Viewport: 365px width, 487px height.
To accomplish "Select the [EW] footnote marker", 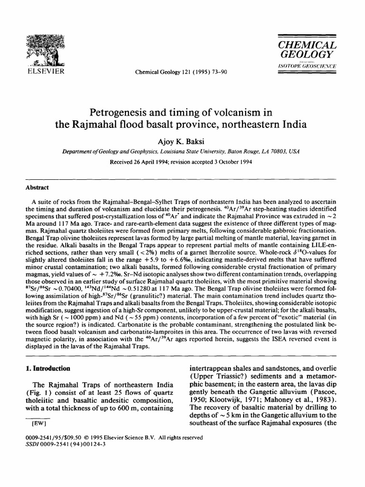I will [38, 423].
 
